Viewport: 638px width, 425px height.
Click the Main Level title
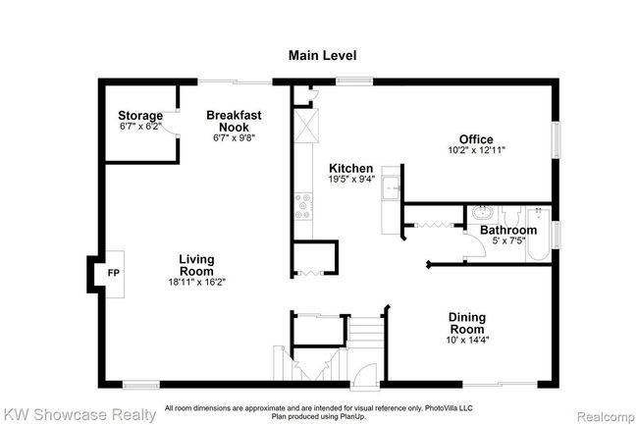tap(322, 55)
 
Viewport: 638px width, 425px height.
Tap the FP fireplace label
tap(114, 273)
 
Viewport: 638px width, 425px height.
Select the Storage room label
tap(140, 116)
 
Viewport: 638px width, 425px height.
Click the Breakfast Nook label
tap(234, 121)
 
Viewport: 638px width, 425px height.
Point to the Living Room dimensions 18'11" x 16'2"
tap(197, 282)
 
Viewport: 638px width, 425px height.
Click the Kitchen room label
tap(350, 168)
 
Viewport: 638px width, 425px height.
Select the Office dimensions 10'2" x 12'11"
tap(476, 150)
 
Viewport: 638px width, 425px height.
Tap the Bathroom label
tap(508, 230)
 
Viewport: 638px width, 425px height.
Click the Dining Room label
tap(466, 323)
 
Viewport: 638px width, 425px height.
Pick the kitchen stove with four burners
tap(303, 206)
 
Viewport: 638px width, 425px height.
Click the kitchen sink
tap(391, 187)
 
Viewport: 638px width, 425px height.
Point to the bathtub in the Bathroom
tap(538, 235)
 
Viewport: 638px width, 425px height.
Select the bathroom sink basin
tap(483, 213)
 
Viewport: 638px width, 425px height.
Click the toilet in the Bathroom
tap(511, 215)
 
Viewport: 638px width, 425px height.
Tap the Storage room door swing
tap(169, 123)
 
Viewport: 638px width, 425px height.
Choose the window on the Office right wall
tap(557, 139)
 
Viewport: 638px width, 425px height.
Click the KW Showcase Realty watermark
tap(79, 415)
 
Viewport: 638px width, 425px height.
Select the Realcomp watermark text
tap(606, 417)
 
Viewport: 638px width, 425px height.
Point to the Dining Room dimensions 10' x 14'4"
tap(467, 340)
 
